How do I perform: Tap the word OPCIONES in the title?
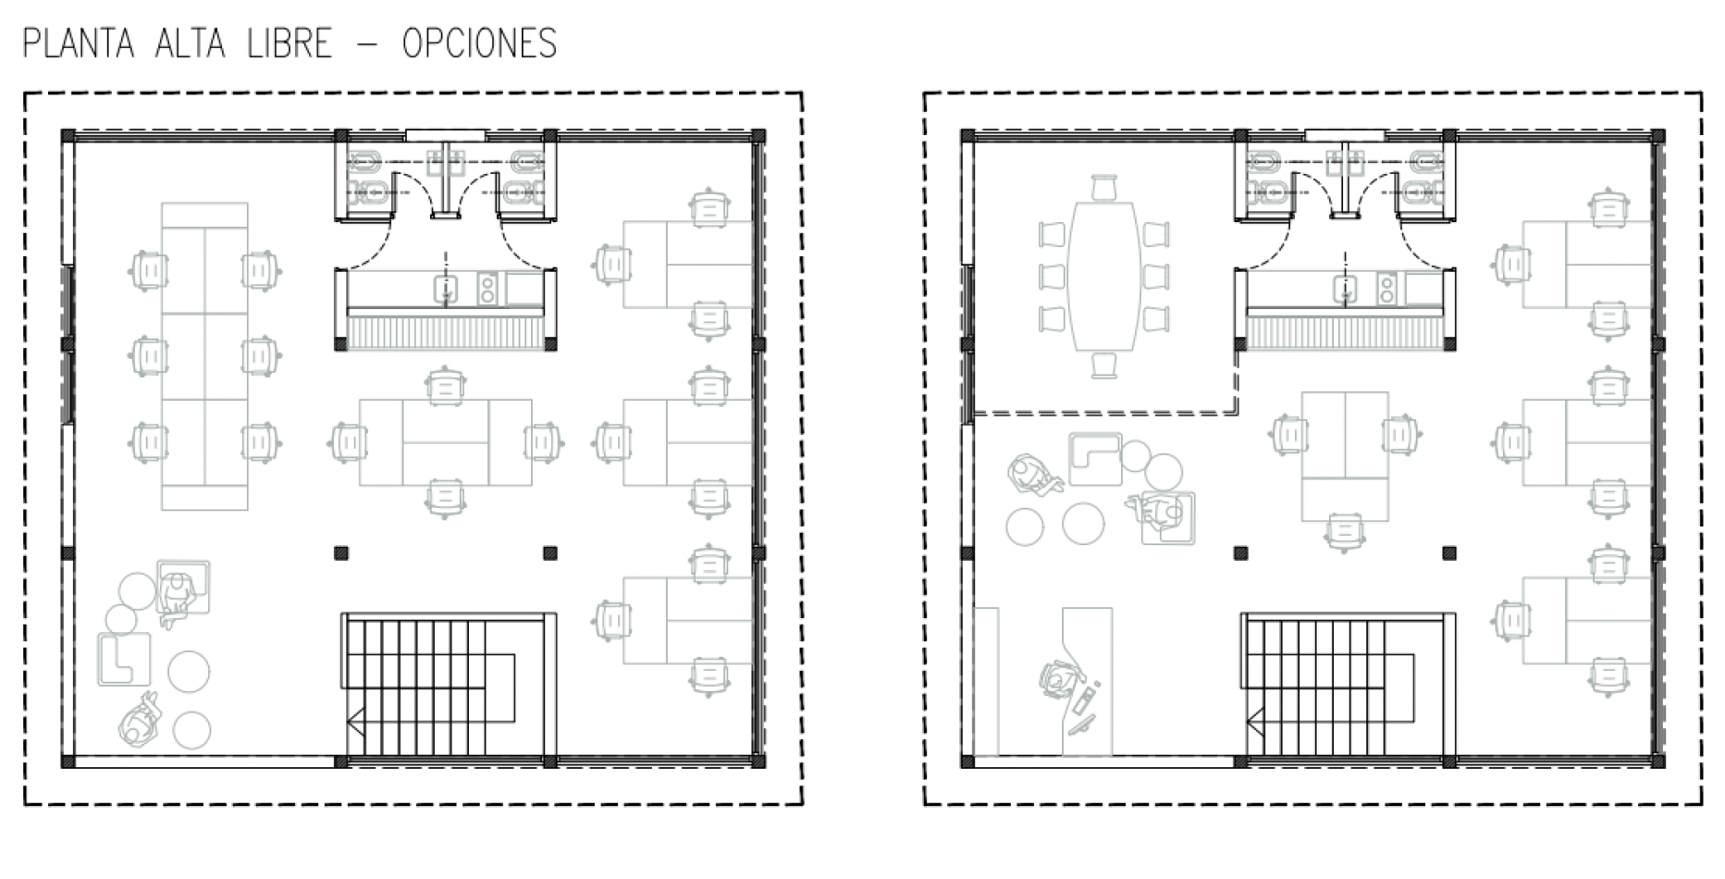pyautogui.click(x=479, y=43)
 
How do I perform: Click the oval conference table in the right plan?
pyautogui.click(x=1105, y=275)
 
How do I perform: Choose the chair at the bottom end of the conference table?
pyautogui.click(x=1105, y=365)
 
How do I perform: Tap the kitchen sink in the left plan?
pyautogui.click(x=447, y=290)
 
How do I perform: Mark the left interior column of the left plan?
pyautogui.click(x=341, y=553)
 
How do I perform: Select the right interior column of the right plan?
pyautogui.click(x=1448, y=553)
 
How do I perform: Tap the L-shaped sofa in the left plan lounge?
pyautogui.click(x=125, y=659)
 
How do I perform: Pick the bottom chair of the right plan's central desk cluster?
pyautogui.click(x=1345, y=531)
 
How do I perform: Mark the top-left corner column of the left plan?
pyautogui.click(x=68, y=136)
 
